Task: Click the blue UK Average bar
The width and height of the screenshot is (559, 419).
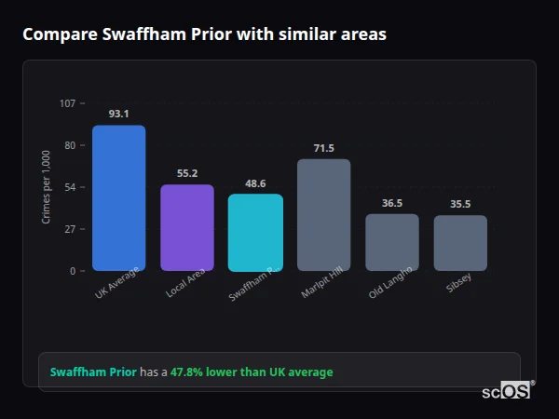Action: tap(118, 197)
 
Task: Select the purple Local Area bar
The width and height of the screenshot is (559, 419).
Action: tap(186, 227)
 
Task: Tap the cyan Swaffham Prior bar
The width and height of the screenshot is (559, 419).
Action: tap(255, 232)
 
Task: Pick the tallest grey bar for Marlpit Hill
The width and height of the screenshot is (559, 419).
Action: tap(323, 214)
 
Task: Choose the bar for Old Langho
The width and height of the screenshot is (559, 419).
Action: tap(391, 242)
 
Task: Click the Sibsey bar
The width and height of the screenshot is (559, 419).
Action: tap(460, 243)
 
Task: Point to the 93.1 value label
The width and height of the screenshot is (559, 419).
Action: tap(118, 114)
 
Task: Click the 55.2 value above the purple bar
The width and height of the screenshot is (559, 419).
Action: tap(186, 173)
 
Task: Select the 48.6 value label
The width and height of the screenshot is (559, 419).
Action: tap(255, 183)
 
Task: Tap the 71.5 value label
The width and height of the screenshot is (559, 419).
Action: tap(323, 148)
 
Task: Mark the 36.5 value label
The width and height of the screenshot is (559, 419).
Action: tap(391, 203)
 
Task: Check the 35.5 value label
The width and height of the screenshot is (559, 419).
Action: tap(460, 204)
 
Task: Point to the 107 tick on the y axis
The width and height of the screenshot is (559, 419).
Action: tap(67, 103)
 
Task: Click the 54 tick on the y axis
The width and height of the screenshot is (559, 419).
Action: tap(70, 187)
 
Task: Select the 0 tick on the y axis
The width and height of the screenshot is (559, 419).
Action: tap(72, 271)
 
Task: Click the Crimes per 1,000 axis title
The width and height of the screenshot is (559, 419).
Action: tap(46, 187)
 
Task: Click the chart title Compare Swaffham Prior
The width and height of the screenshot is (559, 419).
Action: tap(204, 34)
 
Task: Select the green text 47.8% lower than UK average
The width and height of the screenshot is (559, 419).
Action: tap(251, 372)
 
